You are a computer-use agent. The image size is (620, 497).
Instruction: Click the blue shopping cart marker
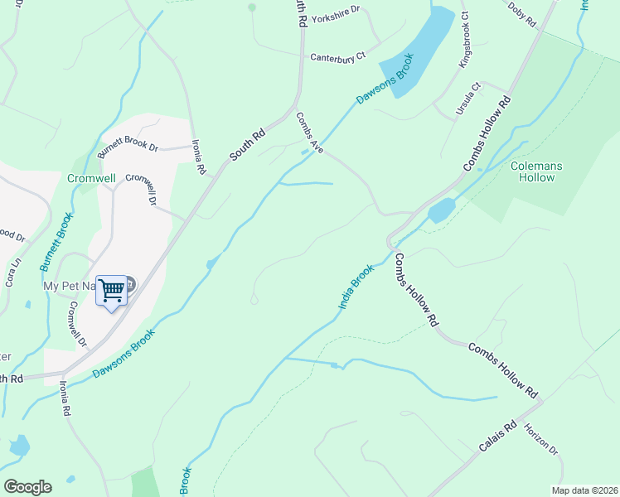click(x=111, y=291)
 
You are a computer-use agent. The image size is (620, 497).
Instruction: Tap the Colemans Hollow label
click(x=535, y=171)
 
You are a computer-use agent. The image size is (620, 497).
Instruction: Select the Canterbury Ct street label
click(x=337, y=57)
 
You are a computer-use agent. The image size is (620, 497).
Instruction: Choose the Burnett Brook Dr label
click(x=128, y=148)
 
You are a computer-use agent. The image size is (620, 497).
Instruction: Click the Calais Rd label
click(x=497, y=437)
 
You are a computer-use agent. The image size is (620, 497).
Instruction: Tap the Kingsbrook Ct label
click(x=465, y=39)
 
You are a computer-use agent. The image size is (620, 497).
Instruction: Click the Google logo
click(x=27, y=487)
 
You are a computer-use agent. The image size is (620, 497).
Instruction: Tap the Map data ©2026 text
click(x=584, y=490)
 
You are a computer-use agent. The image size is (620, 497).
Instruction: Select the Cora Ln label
click(x=13, y=273)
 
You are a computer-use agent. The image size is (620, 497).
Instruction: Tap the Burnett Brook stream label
click(x=56, y=242)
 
